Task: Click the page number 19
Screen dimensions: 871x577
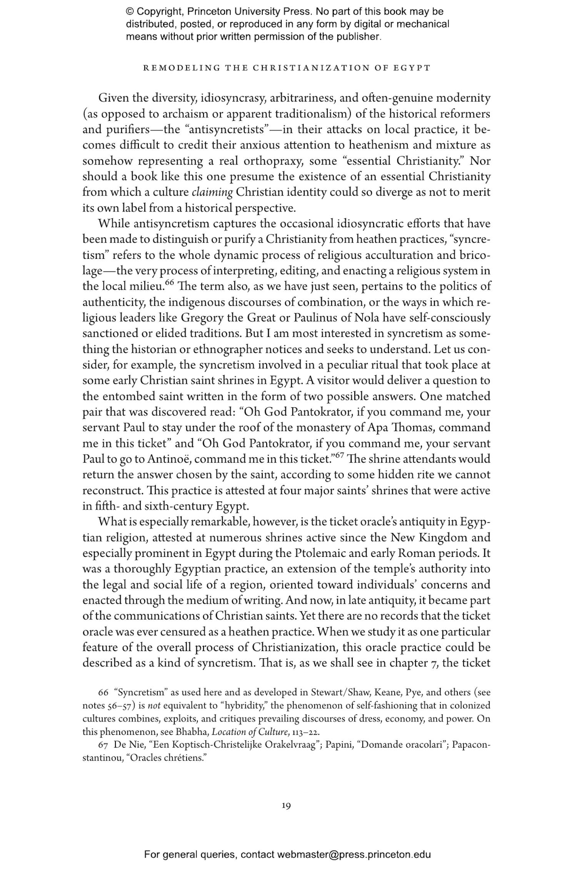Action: (x=286, y=805)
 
